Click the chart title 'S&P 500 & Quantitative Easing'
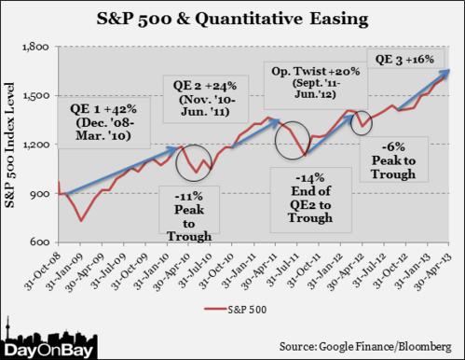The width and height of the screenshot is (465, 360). click(232, 19)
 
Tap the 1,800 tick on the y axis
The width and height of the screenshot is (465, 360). click(35, 47)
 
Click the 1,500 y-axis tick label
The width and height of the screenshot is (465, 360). click(35, 95)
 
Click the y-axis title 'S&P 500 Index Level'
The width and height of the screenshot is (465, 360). click(13, 145)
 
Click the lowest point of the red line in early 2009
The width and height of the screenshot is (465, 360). click(82, 220)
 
